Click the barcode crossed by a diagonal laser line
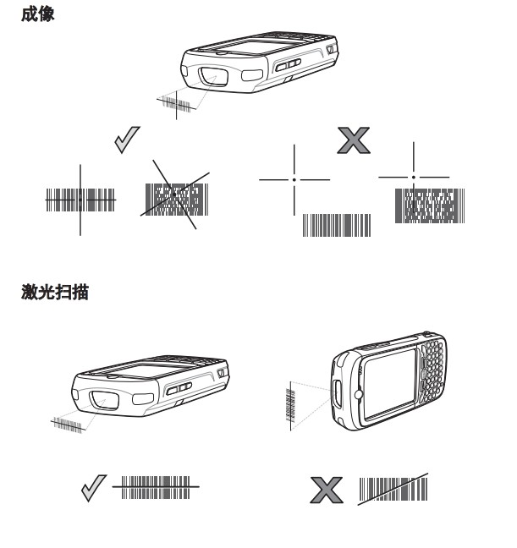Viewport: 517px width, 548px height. click(x=393, y=490)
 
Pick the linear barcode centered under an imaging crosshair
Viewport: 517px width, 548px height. click(x=80, y=200)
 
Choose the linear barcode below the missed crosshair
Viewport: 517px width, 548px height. click(x=337, y=224)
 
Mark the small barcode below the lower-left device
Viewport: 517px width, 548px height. click(x=68, y=423)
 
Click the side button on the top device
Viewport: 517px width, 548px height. click(x=286, y=64)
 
